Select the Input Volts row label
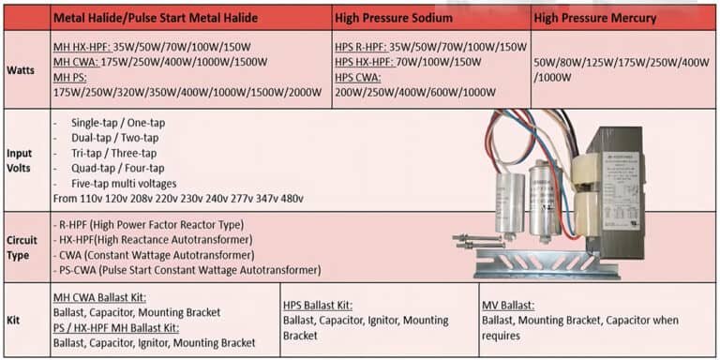click(x=21, y=160)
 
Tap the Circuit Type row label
click(x=22, y=247)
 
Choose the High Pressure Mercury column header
click(x=594, y=18)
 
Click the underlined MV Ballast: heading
click(x=507, y=305)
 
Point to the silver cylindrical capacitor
click(x=541, y=201)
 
